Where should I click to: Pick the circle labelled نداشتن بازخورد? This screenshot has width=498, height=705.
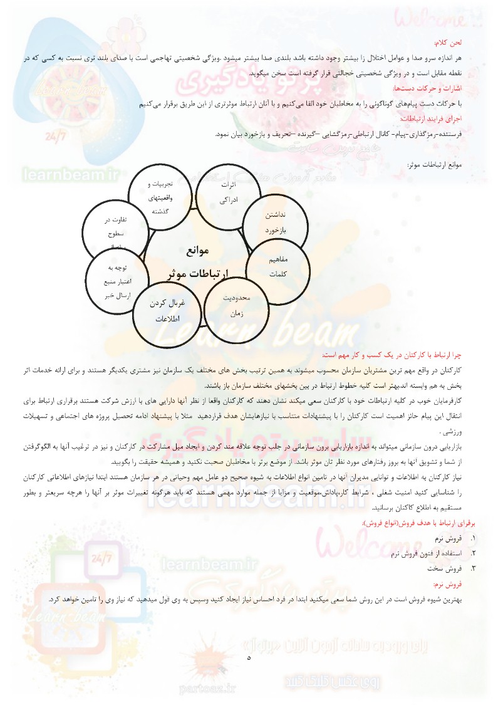(x=274, y=222)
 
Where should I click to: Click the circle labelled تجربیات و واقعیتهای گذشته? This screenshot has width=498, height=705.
(x=160, y=197)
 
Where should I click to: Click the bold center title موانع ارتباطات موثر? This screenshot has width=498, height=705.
(x=199, y=262)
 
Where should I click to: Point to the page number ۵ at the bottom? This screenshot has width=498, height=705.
(x=249, y=658)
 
